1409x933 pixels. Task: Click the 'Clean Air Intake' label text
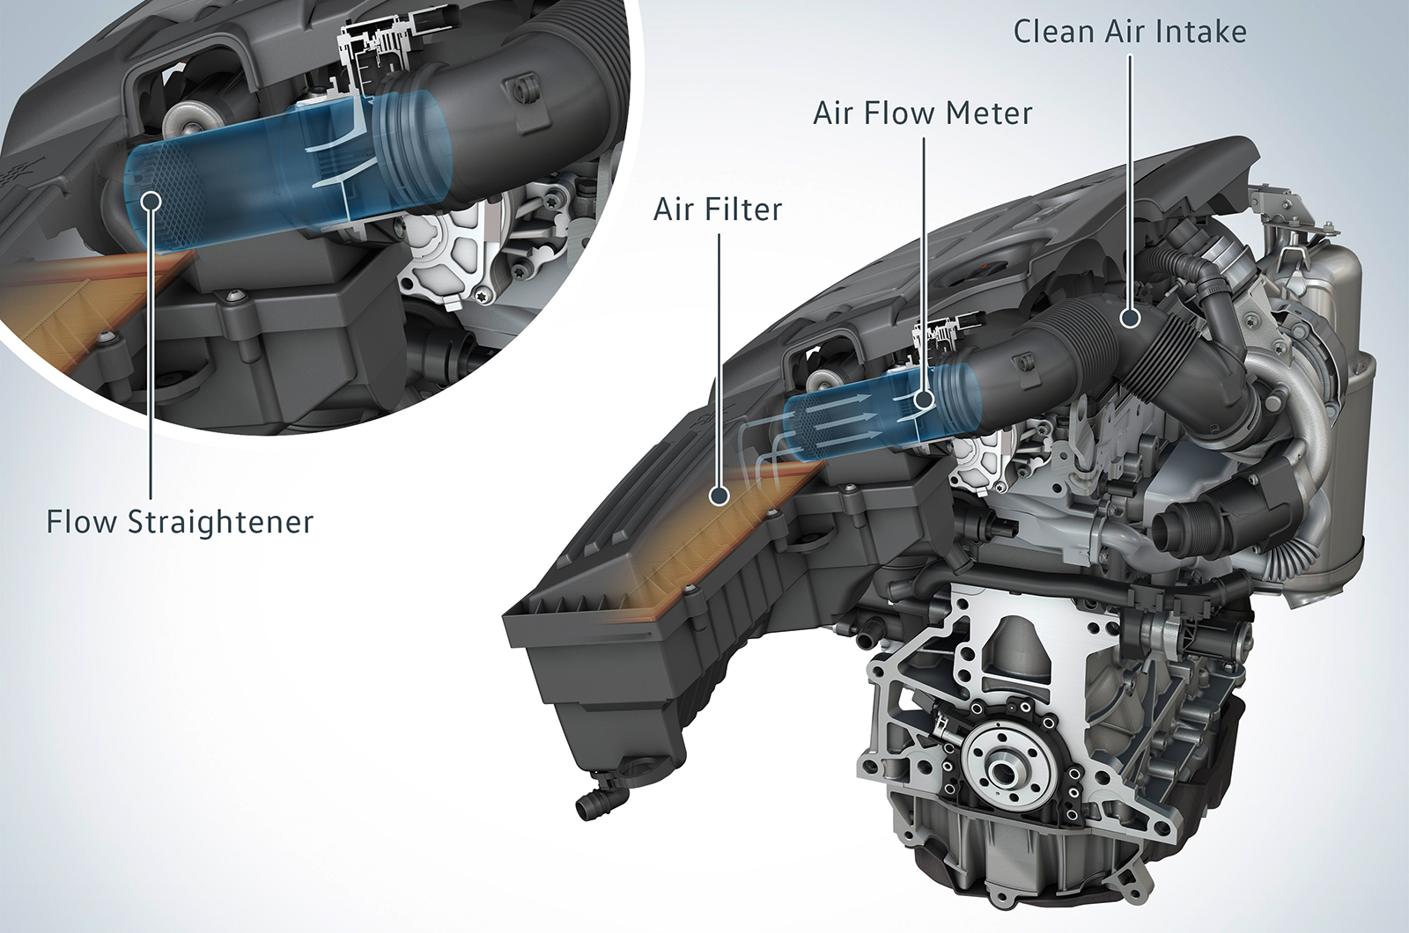click(x=1130, y=32)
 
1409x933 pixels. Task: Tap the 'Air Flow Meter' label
click(x=923, y=114)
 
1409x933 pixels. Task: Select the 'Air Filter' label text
click(x=718, y=209)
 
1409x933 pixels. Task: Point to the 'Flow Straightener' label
click(x=180, y=522)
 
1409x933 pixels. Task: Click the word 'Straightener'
click(x=220, y=522)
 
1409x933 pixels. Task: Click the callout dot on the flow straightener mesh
click(x=152, y=199)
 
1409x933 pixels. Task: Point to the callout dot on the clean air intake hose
click(x=1130, y=319)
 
